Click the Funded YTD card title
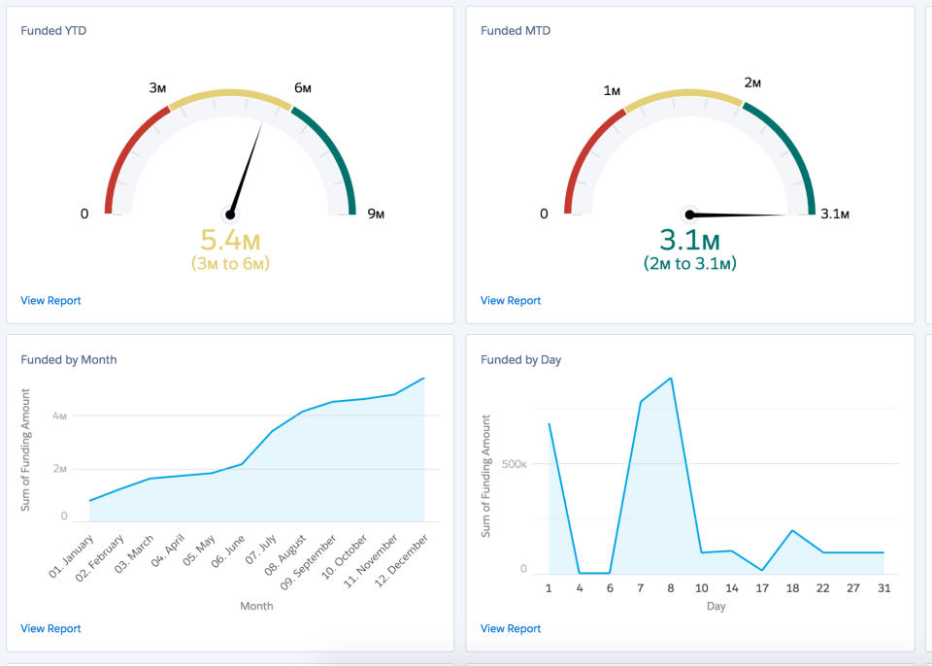[x=54, y=31]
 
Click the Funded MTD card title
[x=516, y=31]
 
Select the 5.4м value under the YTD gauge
[x=230, y=239]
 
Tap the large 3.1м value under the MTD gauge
[x=689, y=239]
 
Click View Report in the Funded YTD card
[x=50, y=301]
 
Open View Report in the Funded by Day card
[x=511, y=629]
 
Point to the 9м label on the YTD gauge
[x=376, y=214]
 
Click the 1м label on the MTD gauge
[x=612, y=90]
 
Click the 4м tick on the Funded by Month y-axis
[x=60, y=416]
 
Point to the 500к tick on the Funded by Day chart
[x=515, y=464]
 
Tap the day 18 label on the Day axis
[x=792, y=587]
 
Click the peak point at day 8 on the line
[x=671, y=379]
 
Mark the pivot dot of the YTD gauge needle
[x=230, y=215]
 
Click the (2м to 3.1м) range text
[x=689, y=263]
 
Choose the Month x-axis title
[x=256, y=606]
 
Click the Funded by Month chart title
[x=69, y=360]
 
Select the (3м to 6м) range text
[x=230, y=263]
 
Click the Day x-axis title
[x=716, y=606]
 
